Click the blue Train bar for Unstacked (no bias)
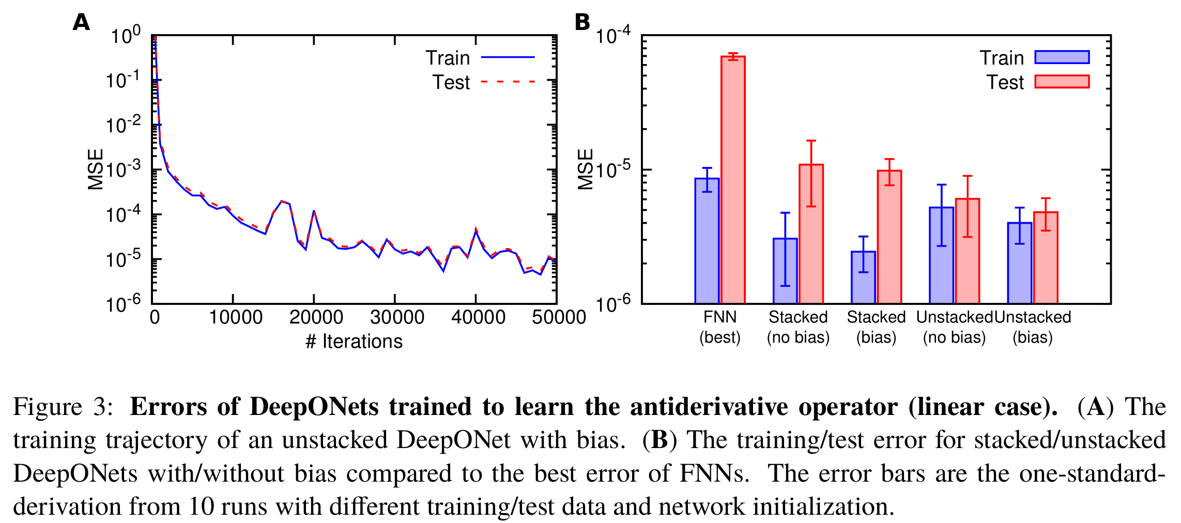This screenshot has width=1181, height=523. (x=941, y=255)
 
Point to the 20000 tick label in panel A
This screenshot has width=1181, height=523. (x=316, y=317)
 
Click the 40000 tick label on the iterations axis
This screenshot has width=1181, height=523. (x=478, y=317)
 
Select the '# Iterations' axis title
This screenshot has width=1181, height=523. (x=354, y=342)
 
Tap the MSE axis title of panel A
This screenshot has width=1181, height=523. (x=96, y=170)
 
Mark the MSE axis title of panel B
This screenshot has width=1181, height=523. (x=586, y=170)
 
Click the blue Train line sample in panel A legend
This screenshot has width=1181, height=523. (x=508, y=57)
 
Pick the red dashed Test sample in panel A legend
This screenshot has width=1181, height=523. (x=508, y=82)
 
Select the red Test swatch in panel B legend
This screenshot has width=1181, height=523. (x=1062, y=82)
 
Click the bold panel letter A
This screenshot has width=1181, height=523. (x=81, y=22)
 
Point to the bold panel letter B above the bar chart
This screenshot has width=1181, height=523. (x=582, y=22)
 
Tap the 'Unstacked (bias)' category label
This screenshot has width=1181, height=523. (x=1033, y=327)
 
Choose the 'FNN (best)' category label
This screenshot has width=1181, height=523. (x=720, y=327)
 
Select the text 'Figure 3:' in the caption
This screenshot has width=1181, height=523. (x=63, y=407)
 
